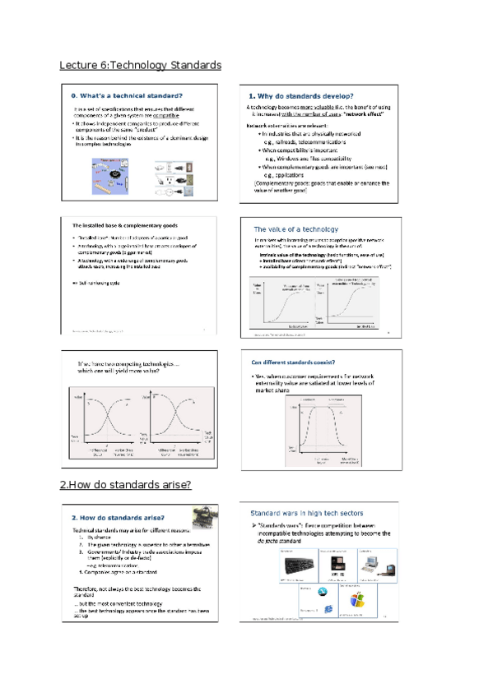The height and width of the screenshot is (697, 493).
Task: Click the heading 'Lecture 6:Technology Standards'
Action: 141,65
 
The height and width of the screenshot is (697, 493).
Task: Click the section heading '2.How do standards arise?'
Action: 125,485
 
